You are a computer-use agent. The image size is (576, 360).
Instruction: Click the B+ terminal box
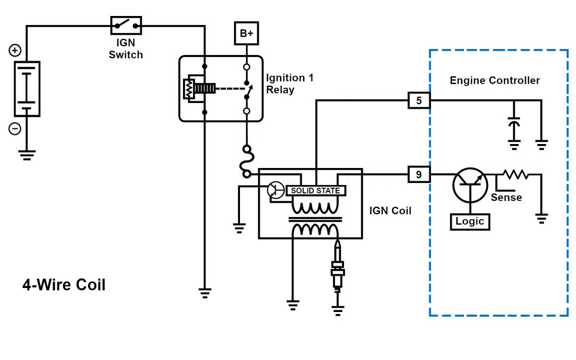point(246,34)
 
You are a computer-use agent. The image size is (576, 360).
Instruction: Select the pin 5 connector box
point(419,100)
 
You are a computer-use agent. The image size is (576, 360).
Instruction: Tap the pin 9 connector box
point(419,174)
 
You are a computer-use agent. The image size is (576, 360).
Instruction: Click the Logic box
point(469,221)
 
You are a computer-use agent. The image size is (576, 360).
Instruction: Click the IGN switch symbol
point(126,25)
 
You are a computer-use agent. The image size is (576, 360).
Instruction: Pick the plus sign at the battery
point(15,51)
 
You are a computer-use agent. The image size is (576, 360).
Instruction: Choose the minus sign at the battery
point(15,129)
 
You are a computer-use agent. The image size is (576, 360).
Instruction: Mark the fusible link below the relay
point(247,161)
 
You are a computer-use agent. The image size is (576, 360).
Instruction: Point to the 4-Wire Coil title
point(64,285)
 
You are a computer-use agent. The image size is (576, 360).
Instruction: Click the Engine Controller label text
point(494,81)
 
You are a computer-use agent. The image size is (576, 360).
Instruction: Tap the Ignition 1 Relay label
point(290,84)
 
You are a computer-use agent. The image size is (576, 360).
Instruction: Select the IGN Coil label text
point(390,211)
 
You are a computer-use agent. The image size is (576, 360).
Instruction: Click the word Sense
point(506,198)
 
